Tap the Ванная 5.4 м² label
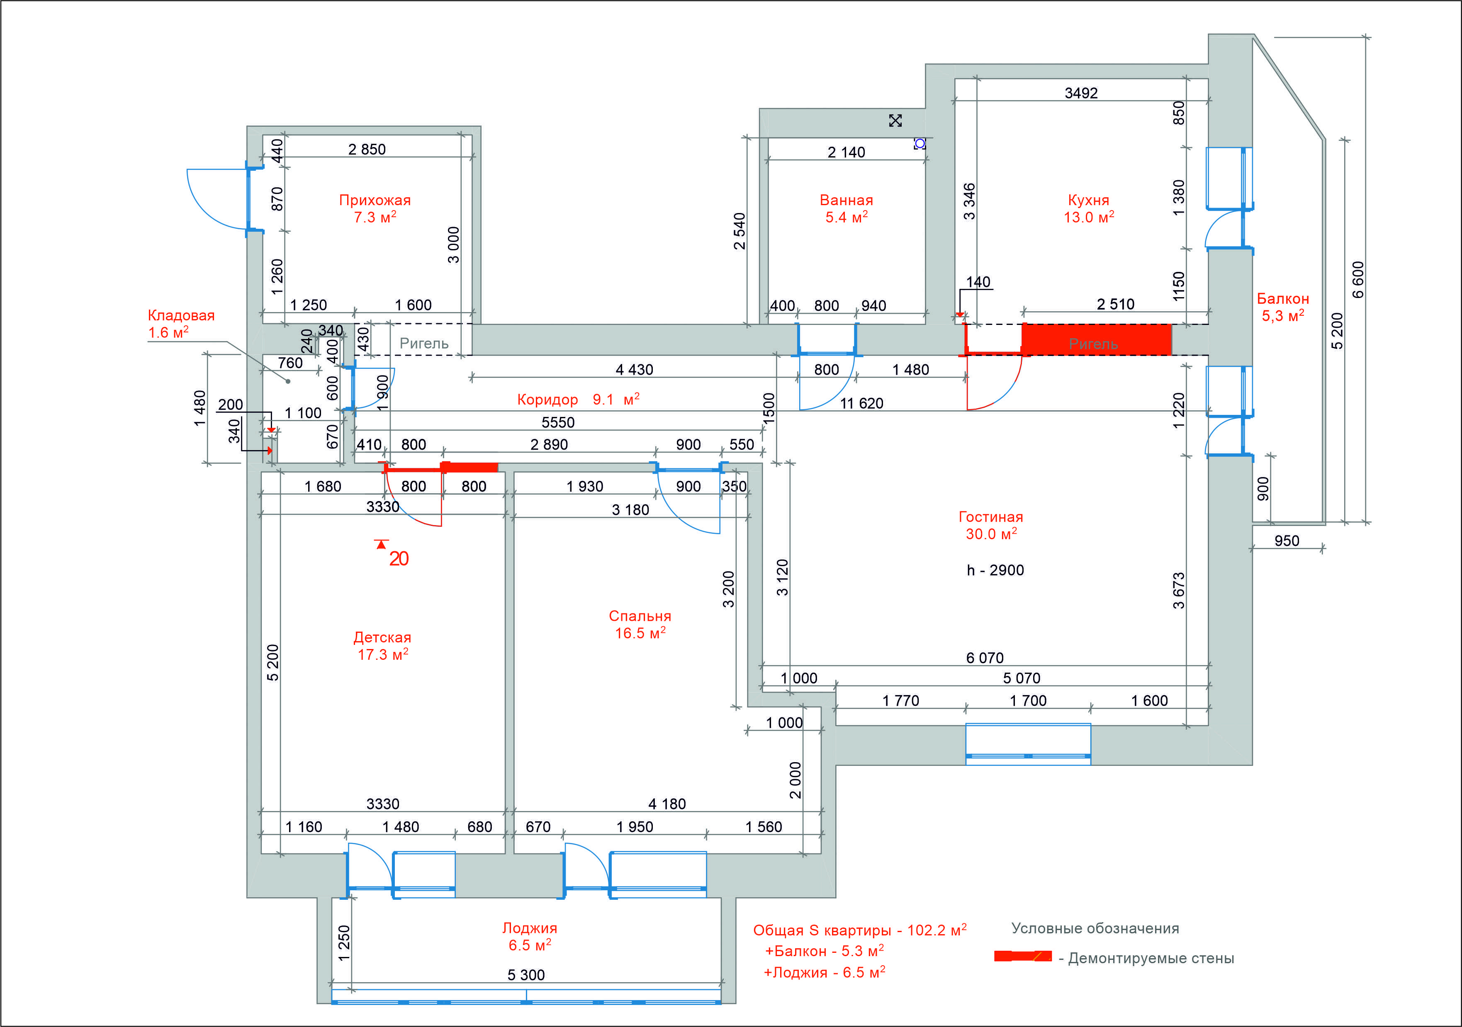point(846,209)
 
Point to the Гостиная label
point(991,517)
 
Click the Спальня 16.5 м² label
point(640,624)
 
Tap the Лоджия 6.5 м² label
point(530,937)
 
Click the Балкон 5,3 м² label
point(1283,307)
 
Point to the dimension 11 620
point(861,403)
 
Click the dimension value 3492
point(1081,93)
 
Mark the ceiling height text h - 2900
point(995,570)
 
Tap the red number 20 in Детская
point(399,559)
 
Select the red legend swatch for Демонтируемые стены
point(1023,957)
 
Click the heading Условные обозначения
point(1095,928)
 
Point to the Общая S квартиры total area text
point(860,930)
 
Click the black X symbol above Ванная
point(895,120)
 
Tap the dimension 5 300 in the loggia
point(526,975)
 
